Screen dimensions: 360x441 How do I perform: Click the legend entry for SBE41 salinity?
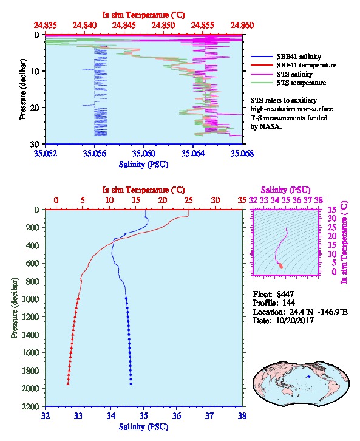tap(299, 56)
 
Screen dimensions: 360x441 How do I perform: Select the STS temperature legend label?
tap(301, 83)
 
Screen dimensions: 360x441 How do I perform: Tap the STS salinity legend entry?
tap(294, 74)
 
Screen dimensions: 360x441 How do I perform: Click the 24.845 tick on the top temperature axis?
tap(124, 26)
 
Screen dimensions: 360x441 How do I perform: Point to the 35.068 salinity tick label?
tap(242, 154)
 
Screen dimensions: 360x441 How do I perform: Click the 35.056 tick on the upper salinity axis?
tap(95, 154)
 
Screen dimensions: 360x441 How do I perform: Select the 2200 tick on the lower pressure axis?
tap(31, 406)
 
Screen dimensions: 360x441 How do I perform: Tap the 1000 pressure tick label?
tap(31, 299)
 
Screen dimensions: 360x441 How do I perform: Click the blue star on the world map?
tap(309, 377)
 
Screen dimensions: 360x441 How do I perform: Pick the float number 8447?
tap(285, 294)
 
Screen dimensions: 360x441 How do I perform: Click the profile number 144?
tap(288, 303)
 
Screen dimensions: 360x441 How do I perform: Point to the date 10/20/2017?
tap(294, 320)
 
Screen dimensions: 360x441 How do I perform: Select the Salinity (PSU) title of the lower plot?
tap(144, 427)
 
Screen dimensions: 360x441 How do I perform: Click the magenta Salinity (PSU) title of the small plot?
tap(285, 190)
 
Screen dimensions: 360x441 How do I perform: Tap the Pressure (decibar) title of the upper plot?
tap(22, 89)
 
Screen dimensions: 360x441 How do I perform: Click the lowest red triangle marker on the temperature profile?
tap(68, 383)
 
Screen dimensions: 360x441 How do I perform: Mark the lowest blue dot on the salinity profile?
tap(131, 383)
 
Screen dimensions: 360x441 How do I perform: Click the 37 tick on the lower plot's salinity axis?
tap(209, 415)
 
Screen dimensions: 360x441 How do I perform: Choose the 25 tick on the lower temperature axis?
tap(189, 200)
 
